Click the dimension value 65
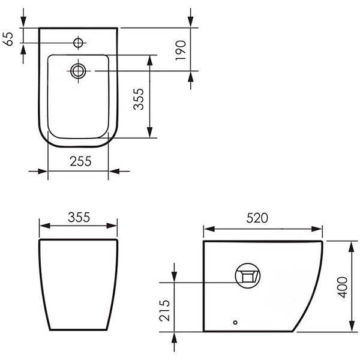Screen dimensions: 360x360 tap(8, 39)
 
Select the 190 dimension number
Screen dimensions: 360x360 tap(181, 50)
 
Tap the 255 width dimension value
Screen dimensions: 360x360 tap(80, 161)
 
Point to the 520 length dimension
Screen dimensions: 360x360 tap(257, 218)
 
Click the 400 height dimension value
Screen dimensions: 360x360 tap(343, 287)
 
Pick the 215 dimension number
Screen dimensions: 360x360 tap(164, 311)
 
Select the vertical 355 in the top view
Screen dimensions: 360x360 tap(139, 99)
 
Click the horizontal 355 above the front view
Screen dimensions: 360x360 tap(79, 217)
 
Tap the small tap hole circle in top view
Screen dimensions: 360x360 tap(78, 43)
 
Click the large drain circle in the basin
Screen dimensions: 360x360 tap(78, 71)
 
